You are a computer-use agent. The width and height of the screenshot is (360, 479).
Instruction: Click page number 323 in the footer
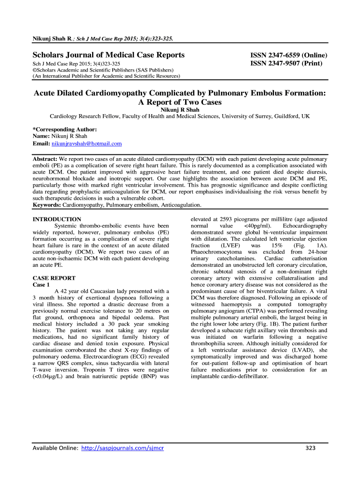click(x=310, y=448)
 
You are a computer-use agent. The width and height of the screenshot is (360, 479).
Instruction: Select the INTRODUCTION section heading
click(x=57, y=219)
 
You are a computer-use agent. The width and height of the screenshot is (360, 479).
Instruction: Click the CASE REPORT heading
click(x=54, y=278)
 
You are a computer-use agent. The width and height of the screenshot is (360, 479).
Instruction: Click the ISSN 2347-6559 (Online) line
click(x=288, y=55)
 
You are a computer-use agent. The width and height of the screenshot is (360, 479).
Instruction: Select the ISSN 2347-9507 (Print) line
click(x=286, y=63)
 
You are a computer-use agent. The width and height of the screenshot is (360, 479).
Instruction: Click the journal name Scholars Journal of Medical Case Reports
click(x=108, y=55)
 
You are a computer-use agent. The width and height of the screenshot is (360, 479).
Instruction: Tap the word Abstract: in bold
click(x=45, y=159)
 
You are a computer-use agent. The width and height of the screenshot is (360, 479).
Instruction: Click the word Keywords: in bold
click(x=47, y=205)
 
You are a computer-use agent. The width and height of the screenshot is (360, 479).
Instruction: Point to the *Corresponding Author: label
click(x=65, y=129)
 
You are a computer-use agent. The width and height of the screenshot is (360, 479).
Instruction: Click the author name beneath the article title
click(x=180, y=109)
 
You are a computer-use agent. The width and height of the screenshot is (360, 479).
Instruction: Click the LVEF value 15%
click(x=282, y=245)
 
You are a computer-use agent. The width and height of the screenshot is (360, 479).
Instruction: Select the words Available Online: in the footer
click(x=55, y=448)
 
